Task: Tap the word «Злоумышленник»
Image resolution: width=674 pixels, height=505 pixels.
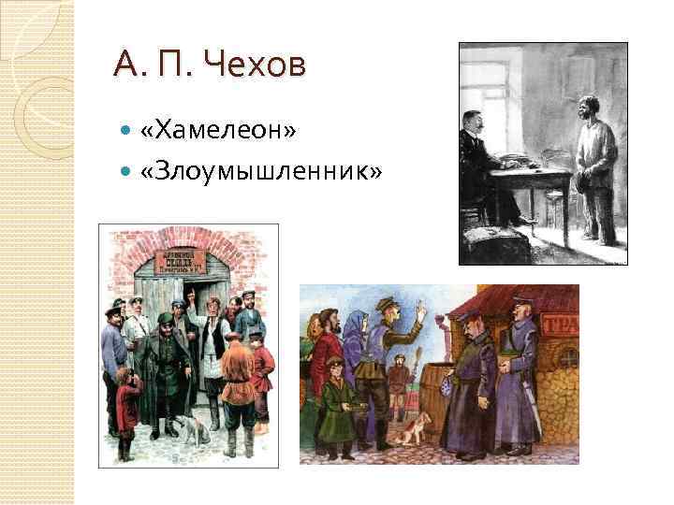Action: (x=261, y=170)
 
